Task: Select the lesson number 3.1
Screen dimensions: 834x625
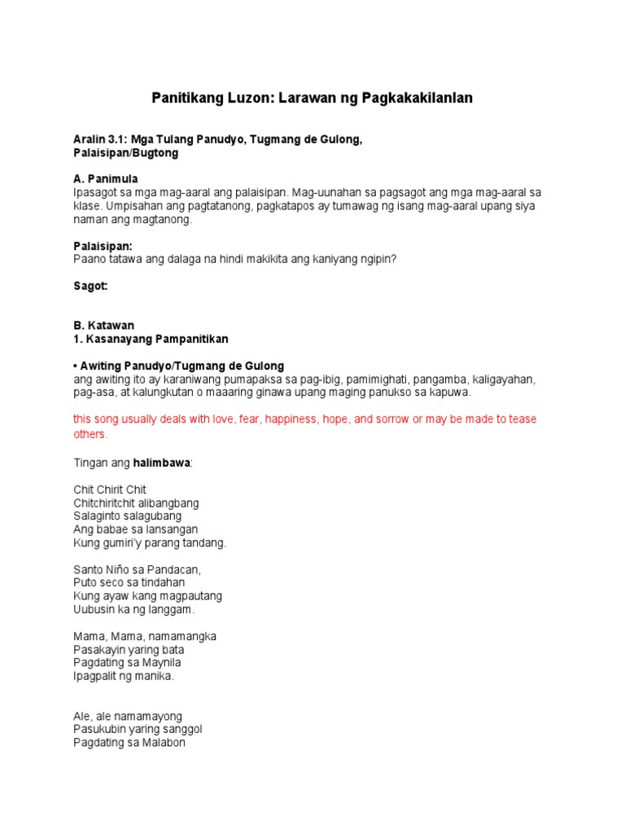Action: point(121,140)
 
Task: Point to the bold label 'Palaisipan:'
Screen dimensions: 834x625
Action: point(103,246)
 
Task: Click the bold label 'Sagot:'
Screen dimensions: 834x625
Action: point(90,286)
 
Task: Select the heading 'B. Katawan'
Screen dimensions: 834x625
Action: point(103,325)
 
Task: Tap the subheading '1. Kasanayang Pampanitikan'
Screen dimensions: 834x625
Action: point(151,338)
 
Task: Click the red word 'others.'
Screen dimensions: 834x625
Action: point(90,434)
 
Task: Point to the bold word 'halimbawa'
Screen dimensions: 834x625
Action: point(161,463)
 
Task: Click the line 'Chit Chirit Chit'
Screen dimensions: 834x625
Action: point(110,490)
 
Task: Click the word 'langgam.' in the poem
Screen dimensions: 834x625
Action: point(172,609)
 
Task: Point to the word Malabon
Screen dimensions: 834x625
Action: point(162,742)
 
